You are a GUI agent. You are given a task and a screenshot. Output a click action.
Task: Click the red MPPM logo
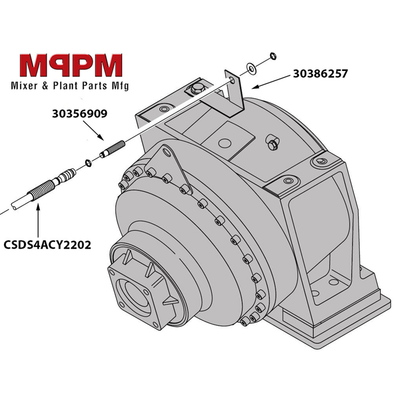click(71, 66)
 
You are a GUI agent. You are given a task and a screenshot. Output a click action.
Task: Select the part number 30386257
click(320, 74)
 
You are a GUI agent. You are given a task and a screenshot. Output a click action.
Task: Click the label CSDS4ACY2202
click(47, 244)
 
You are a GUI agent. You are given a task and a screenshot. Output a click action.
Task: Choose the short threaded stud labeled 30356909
click(113, 148)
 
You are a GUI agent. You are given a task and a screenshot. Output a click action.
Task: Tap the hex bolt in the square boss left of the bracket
click(195, 90)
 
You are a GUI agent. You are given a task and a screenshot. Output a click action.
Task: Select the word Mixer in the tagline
click(23, 86)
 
